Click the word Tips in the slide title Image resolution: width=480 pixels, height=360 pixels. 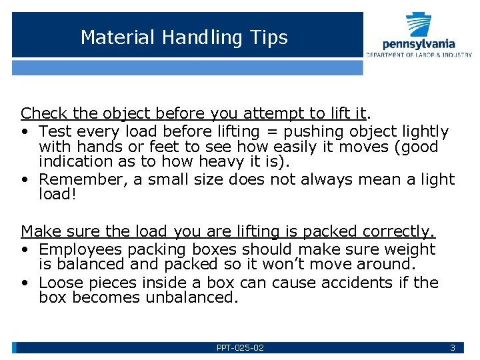pyautogui.click(x=269, y=37)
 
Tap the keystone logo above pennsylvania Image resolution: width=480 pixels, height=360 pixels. pyautogui.click(x=419, y=25)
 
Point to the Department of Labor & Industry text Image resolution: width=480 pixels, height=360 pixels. pyautogui.click(x=419, y=55)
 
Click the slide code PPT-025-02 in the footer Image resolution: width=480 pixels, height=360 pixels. pyautogui.click(x=240, y=347)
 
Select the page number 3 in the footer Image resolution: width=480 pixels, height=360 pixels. pyautogui.click(x=453, y=347)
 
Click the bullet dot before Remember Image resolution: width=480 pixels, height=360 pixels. pyautogui.click(x=25, y=180)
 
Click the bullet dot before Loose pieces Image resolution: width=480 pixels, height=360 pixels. pyautogui.click(x=25, y=283)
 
